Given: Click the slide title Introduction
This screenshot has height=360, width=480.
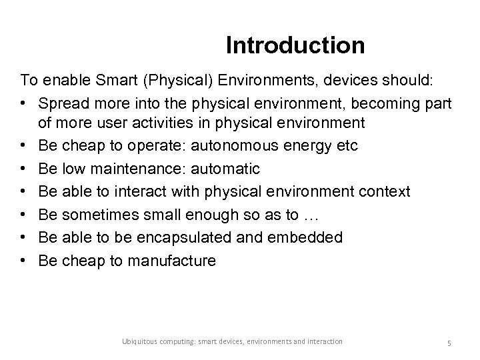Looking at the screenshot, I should (x=295, y=45).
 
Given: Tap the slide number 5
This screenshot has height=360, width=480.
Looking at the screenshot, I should (x=449, y=343).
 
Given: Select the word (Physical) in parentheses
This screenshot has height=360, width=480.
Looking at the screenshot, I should (x=170, y=81).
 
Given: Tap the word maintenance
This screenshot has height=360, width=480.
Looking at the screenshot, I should (x=134, y=169).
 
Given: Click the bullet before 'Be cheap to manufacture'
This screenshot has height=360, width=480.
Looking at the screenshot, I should (x=24, y=260).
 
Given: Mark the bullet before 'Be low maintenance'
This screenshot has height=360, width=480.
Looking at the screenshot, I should (x=24, y=169).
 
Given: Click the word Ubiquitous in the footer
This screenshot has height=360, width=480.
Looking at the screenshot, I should (x=141, y=342).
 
